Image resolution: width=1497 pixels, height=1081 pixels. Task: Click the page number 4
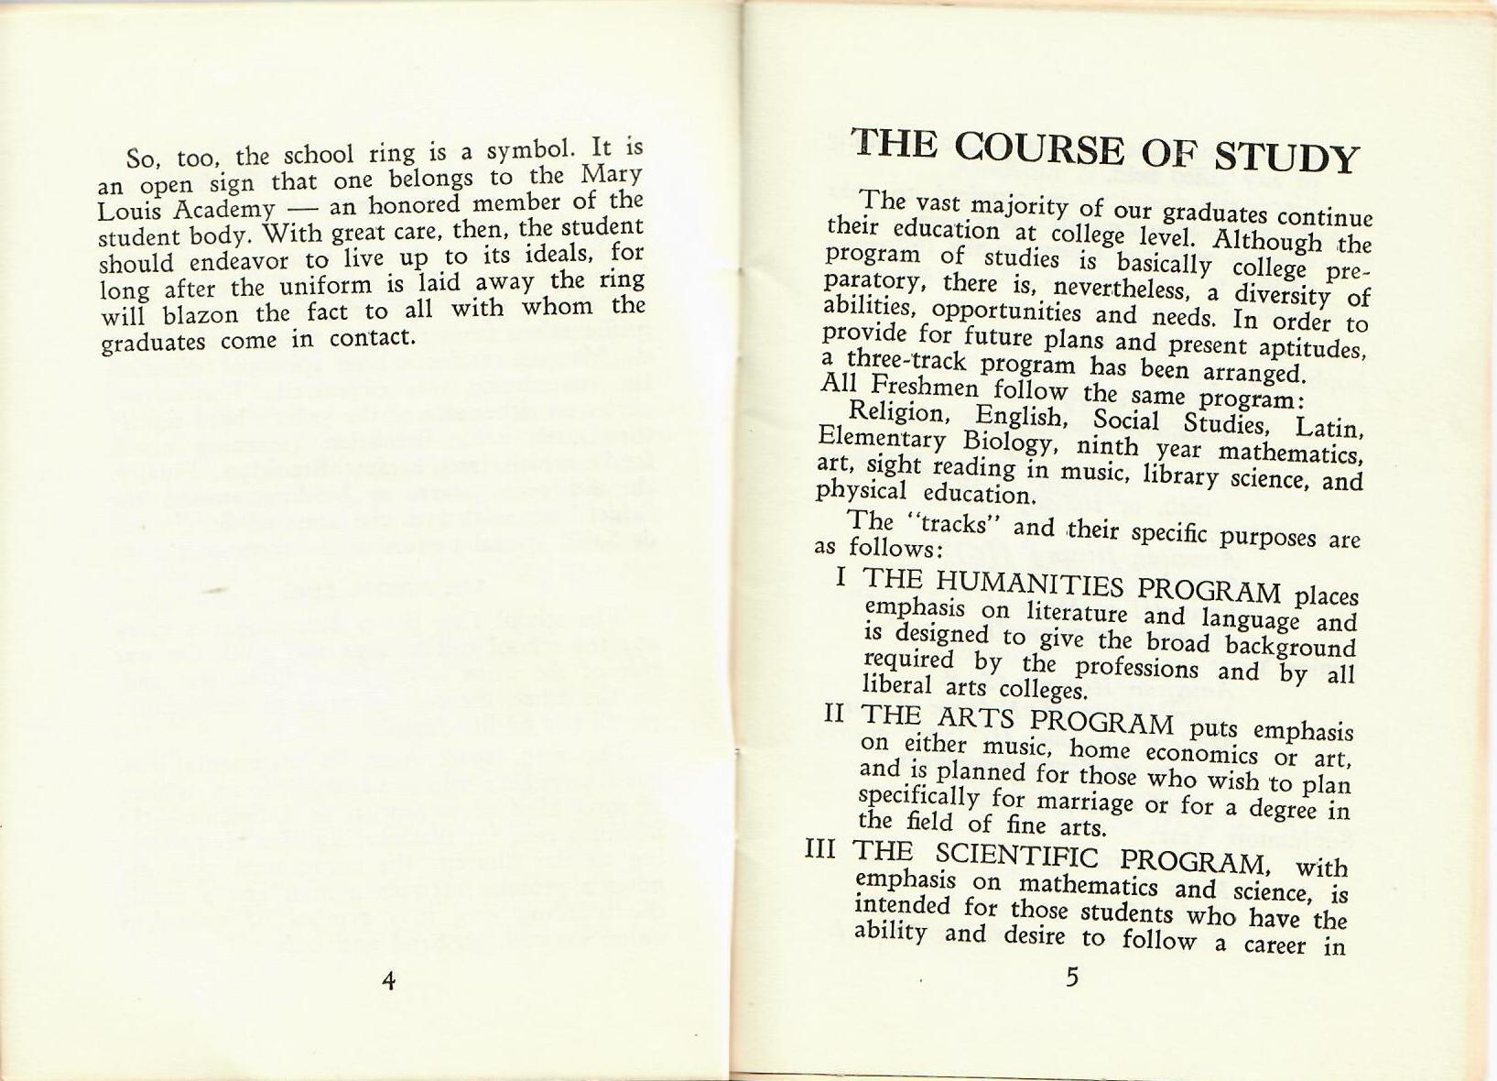(x=389, y=981)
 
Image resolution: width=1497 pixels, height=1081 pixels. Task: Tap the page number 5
(x=1072, y=977)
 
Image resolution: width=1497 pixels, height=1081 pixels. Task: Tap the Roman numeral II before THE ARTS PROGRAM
(x=833, y=712)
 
